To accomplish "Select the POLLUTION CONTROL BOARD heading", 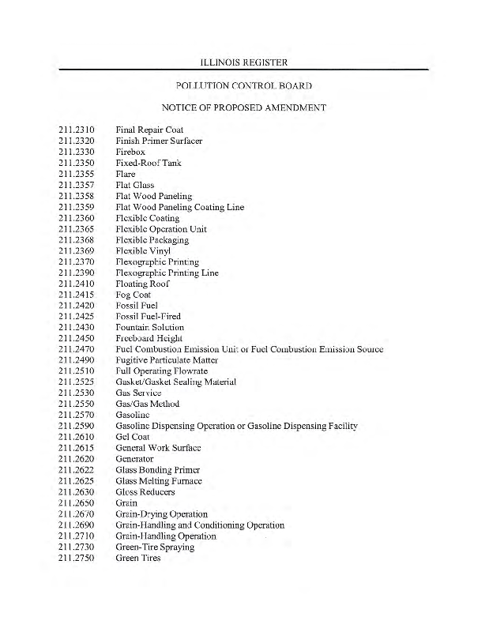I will (x=244, y=85).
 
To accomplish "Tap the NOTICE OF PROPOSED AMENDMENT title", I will (x=243, y=107).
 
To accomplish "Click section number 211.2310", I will (x=77, y=130).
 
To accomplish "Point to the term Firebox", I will (x=130, y=152).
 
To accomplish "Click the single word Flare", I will (x=126, y=174).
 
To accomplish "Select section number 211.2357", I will (x=77, y=185).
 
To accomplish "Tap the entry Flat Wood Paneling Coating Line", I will (x=179, y=207).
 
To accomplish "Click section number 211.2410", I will (x=77, y=284).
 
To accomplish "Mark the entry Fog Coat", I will (x=133, y=295).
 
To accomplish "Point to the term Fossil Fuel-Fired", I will (x=148, y=316).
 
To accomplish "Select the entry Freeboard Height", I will (x=149, y=338).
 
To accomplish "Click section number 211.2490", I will (x=77, y=360).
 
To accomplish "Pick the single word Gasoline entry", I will (x=133, y=415).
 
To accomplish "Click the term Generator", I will (x=134, y=458).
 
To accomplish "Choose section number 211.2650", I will (x=77, y=502).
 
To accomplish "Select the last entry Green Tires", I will (x=138, y=558).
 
